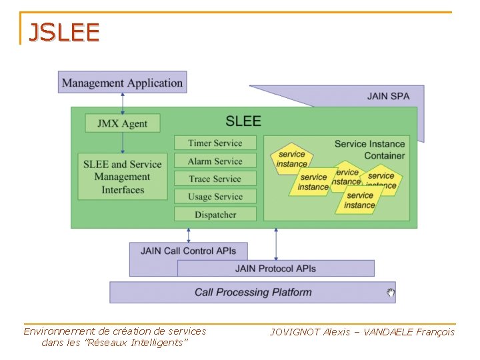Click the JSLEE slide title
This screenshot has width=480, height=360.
[x=63, y=32]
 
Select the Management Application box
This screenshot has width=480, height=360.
[x=122, y=83]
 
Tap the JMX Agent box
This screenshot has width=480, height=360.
[x=122, y=123]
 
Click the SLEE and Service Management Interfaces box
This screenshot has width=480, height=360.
[x=122, y=177]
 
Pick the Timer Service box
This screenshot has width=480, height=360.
[x=215, y=143]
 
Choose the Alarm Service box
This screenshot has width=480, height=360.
[x=215, y=161]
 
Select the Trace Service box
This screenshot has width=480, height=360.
[x=215, y=179]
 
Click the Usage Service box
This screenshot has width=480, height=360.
[x=215, y=197]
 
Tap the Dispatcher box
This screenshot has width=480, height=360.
[x=215, y=215]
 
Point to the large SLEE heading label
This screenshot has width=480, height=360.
[x=243, y=121]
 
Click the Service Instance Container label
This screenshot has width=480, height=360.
[x=369, y=149]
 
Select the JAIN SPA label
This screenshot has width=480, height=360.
[x=388, y=96]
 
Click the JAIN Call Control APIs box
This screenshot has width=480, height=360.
[x=187, y=251]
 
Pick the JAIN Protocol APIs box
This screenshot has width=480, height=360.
[x=275, y=269]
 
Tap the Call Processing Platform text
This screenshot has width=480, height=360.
[x=253, y=292]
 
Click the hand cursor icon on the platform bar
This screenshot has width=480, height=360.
[x=391, y=292]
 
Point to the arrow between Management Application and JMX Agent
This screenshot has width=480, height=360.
[x=123, y=103]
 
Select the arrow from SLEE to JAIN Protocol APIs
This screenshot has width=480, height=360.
[x=276, y=243]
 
